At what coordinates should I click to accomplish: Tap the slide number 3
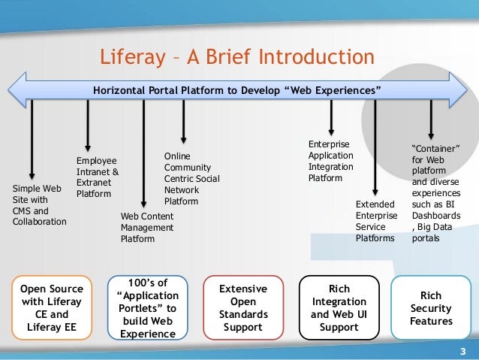[x=462, y=352]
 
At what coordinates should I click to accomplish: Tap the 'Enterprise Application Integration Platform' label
[x=331, y=161]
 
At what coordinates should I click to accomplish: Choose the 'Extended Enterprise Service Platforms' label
[x=375, y=221]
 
